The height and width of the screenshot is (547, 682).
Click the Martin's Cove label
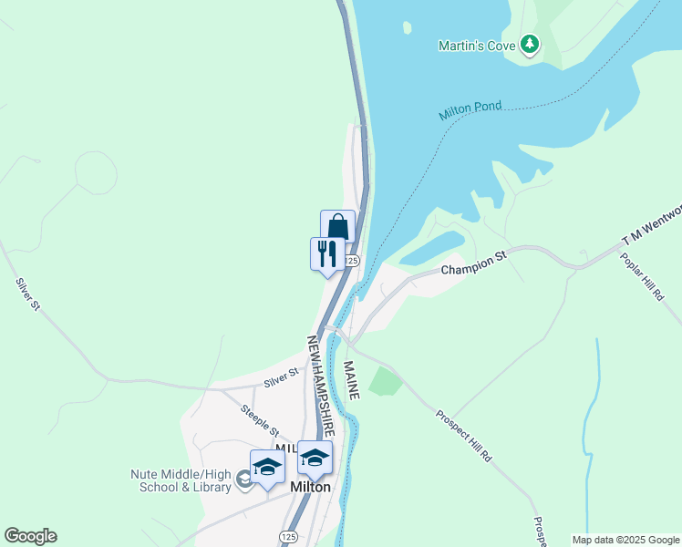(x=476, y=45)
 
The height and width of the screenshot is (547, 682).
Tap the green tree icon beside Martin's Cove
(x=530, y=44)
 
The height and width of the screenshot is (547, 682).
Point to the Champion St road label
(x=472, y=265)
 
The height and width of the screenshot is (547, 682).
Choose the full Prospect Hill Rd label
(x=464, y=435)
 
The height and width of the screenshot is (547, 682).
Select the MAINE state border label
(x=352, y=380)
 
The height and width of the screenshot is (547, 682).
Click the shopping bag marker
(x=337, y=227)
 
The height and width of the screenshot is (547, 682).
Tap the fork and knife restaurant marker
(x=326, y=253)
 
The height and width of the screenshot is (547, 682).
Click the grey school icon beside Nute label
(x=243, y=479)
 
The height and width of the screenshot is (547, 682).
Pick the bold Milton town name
(x=310, y=487)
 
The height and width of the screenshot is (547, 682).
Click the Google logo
(x=30, y=536)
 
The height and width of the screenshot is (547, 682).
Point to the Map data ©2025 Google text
(x=625, y=540)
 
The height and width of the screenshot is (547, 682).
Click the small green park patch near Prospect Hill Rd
(x=386, y=379)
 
